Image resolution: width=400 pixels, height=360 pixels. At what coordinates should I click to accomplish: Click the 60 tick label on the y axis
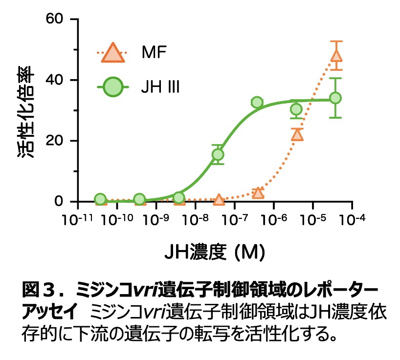55,19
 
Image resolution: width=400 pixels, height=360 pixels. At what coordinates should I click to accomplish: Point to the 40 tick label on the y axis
55,80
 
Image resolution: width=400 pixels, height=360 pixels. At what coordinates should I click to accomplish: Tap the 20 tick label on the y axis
55,141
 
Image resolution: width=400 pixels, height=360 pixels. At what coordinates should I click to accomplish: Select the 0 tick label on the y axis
60,201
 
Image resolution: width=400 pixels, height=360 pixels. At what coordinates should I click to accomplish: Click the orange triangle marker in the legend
113,53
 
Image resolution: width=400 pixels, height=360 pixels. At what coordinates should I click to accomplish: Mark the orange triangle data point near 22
297,135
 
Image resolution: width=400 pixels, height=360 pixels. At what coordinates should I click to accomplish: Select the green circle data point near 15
218,154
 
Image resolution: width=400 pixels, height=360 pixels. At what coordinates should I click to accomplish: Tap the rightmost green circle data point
335,98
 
